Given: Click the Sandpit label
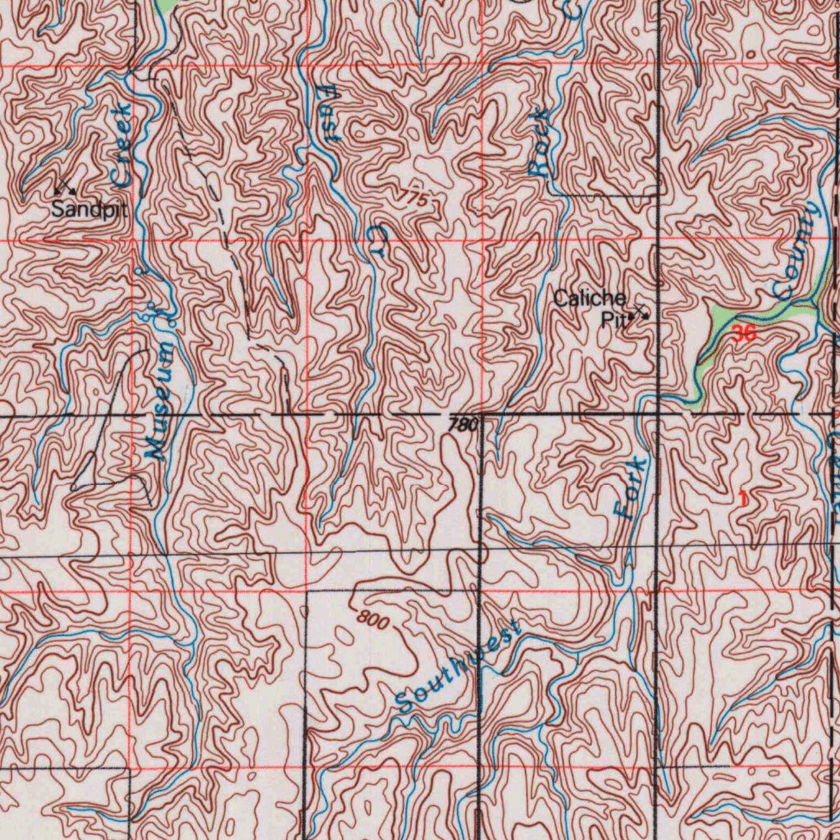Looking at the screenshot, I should click(x=89, y=209).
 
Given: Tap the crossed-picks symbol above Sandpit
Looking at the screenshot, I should click(x=65, y=188).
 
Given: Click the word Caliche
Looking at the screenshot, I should click(x=589, y=299).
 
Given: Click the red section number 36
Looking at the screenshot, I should click(x=744, y=333).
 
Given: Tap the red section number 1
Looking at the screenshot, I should click(x=743, y=497).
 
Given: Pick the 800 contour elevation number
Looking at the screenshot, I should click(x=372, y=621).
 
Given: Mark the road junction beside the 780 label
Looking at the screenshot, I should click(x=482, y=416).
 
